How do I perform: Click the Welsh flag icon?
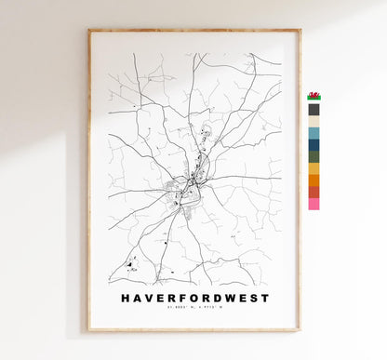tap(314, 96)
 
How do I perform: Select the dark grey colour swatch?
tap(314, 109)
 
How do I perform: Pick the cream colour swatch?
tap(314, 121)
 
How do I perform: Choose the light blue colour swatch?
tap(314, 133)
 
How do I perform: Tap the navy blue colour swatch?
tap(314, 144)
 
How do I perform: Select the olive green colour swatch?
tap(314, 156)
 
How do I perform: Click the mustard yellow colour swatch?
tap(314, 168)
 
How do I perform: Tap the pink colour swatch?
tap(314, 203)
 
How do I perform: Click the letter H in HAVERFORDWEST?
tap(126, 299)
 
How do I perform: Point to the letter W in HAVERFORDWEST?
tap(229, 299)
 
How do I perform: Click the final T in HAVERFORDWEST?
tap(265, 299)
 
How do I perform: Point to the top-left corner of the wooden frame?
tap(89, 31)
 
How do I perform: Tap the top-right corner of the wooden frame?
tap(300, 31)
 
